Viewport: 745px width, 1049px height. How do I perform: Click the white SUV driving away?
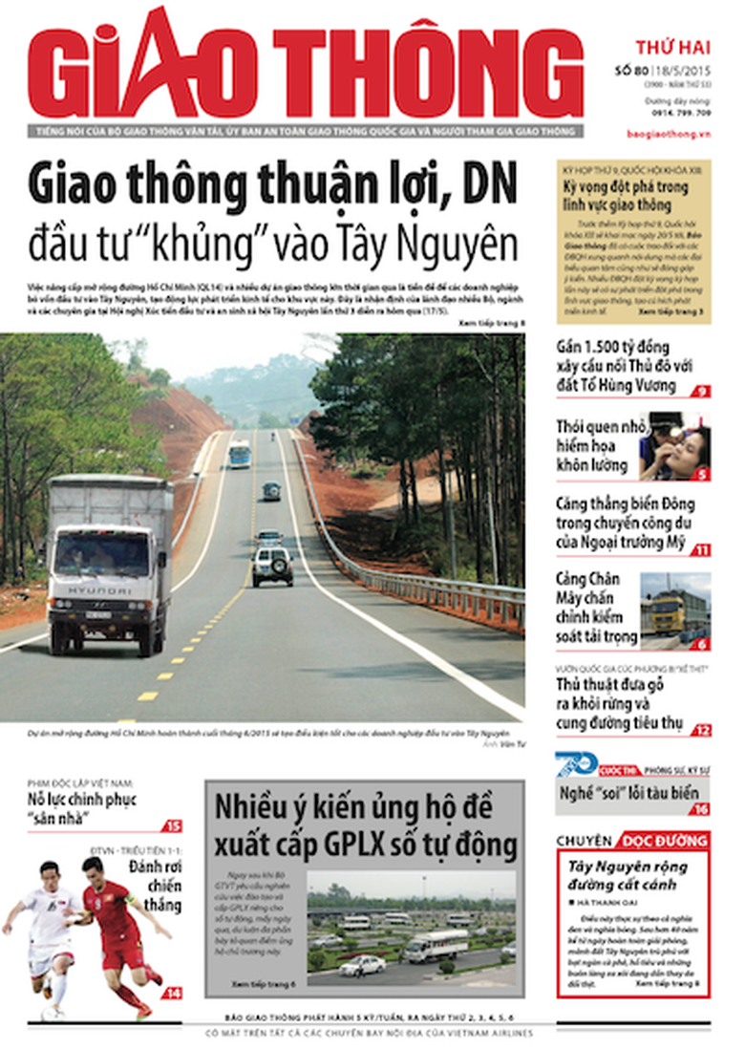coord(272,565)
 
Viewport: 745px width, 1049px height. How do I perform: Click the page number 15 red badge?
coord(173,826)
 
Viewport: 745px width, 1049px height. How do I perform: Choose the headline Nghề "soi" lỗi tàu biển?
coord(629,792)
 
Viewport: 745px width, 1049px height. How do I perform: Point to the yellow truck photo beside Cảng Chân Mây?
coord(675,605)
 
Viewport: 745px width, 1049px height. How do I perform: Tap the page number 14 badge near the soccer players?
coord(172,993)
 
